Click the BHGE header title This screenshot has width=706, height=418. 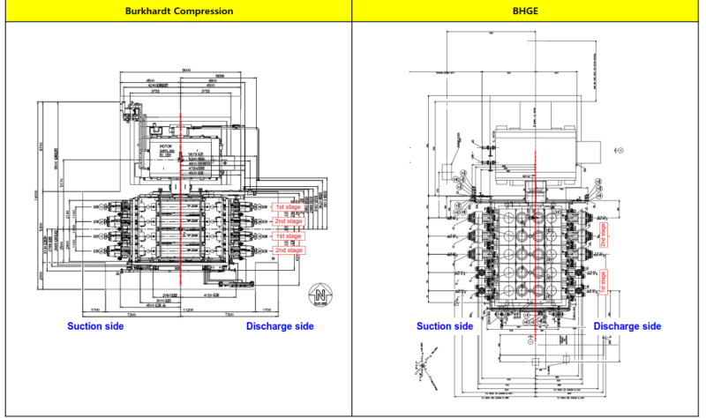pos(528,11)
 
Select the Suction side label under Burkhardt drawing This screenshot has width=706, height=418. pos(95,326)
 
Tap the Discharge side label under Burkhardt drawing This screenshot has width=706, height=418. pos(279,326)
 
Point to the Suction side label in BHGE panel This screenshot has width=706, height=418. pos(445,326)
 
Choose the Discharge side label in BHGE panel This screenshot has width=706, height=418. pos(627,326)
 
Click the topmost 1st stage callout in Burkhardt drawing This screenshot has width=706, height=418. pos(288,207)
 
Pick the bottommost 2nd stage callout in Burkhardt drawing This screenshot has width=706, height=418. pos(288,250)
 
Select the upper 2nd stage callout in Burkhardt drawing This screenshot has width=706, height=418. pos(288,221)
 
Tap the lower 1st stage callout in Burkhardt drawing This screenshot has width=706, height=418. pos(288,236)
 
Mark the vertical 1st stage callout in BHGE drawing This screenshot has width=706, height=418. pos(604,280)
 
